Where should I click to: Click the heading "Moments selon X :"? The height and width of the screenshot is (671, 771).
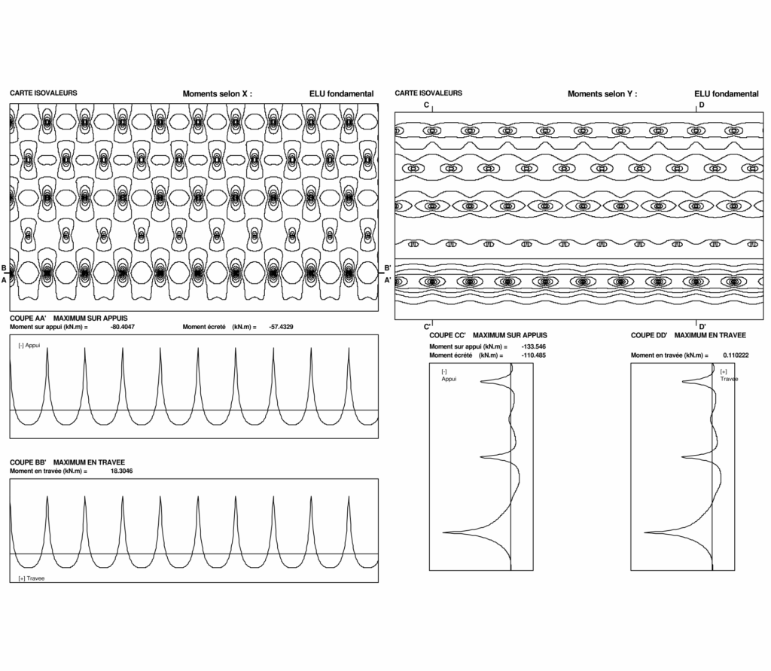tap(217, 94)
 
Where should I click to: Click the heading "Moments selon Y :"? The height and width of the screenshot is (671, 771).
tap(602, 94)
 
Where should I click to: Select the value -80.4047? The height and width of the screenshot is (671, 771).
tap(122, 328)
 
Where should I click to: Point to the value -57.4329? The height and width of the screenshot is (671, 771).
tap(281, 328)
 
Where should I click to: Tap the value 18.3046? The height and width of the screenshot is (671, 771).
tap(122, 471)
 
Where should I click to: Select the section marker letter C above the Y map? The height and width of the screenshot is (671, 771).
tap(426, 105)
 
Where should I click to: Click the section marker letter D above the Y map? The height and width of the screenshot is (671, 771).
tap(701, 105)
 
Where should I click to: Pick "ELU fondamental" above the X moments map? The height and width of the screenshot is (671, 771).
tap(341, 94)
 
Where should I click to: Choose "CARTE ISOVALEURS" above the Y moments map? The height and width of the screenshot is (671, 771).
tap(428, 93)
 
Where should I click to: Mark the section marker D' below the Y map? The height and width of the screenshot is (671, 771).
tap(702, 326)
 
